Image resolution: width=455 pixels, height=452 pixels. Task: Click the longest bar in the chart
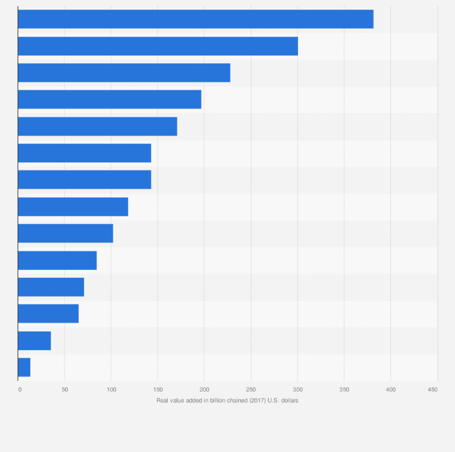(x=196, y=19)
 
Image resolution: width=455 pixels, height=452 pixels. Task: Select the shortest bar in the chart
(x=24, y=367)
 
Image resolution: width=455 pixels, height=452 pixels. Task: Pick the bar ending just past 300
(x=157, y=46)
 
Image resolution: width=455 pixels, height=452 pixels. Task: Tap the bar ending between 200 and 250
(x=124, y=73)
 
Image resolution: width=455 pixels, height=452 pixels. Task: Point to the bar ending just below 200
(x=109, y=99)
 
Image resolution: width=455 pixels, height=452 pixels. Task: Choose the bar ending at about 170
(x=97, y=127)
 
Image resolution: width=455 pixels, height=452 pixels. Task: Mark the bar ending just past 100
(x=65, y=233)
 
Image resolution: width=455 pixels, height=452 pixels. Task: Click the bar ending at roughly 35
(x=34, y=341)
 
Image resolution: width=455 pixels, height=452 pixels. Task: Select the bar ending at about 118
(x=73, y=207)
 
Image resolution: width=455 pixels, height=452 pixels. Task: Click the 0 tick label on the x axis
(x=20, y=390)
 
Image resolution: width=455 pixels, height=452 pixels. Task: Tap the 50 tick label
(x=64, y=390)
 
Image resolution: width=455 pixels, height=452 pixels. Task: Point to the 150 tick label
(x=157, y=390)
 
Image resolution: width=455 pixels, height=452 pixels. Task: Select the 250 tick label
(x=251, y=390)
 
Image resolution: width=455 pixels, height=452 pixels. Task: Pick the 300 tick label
(x=297, y=390)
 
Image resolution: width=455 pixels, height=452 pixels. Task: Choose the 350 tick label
(x=344, y=390)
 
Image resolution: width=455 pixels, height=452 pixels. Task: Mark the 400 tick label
(x=390, y=390)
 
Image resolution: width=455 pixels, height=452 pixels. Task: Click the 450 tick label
(x=433, y=390)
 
